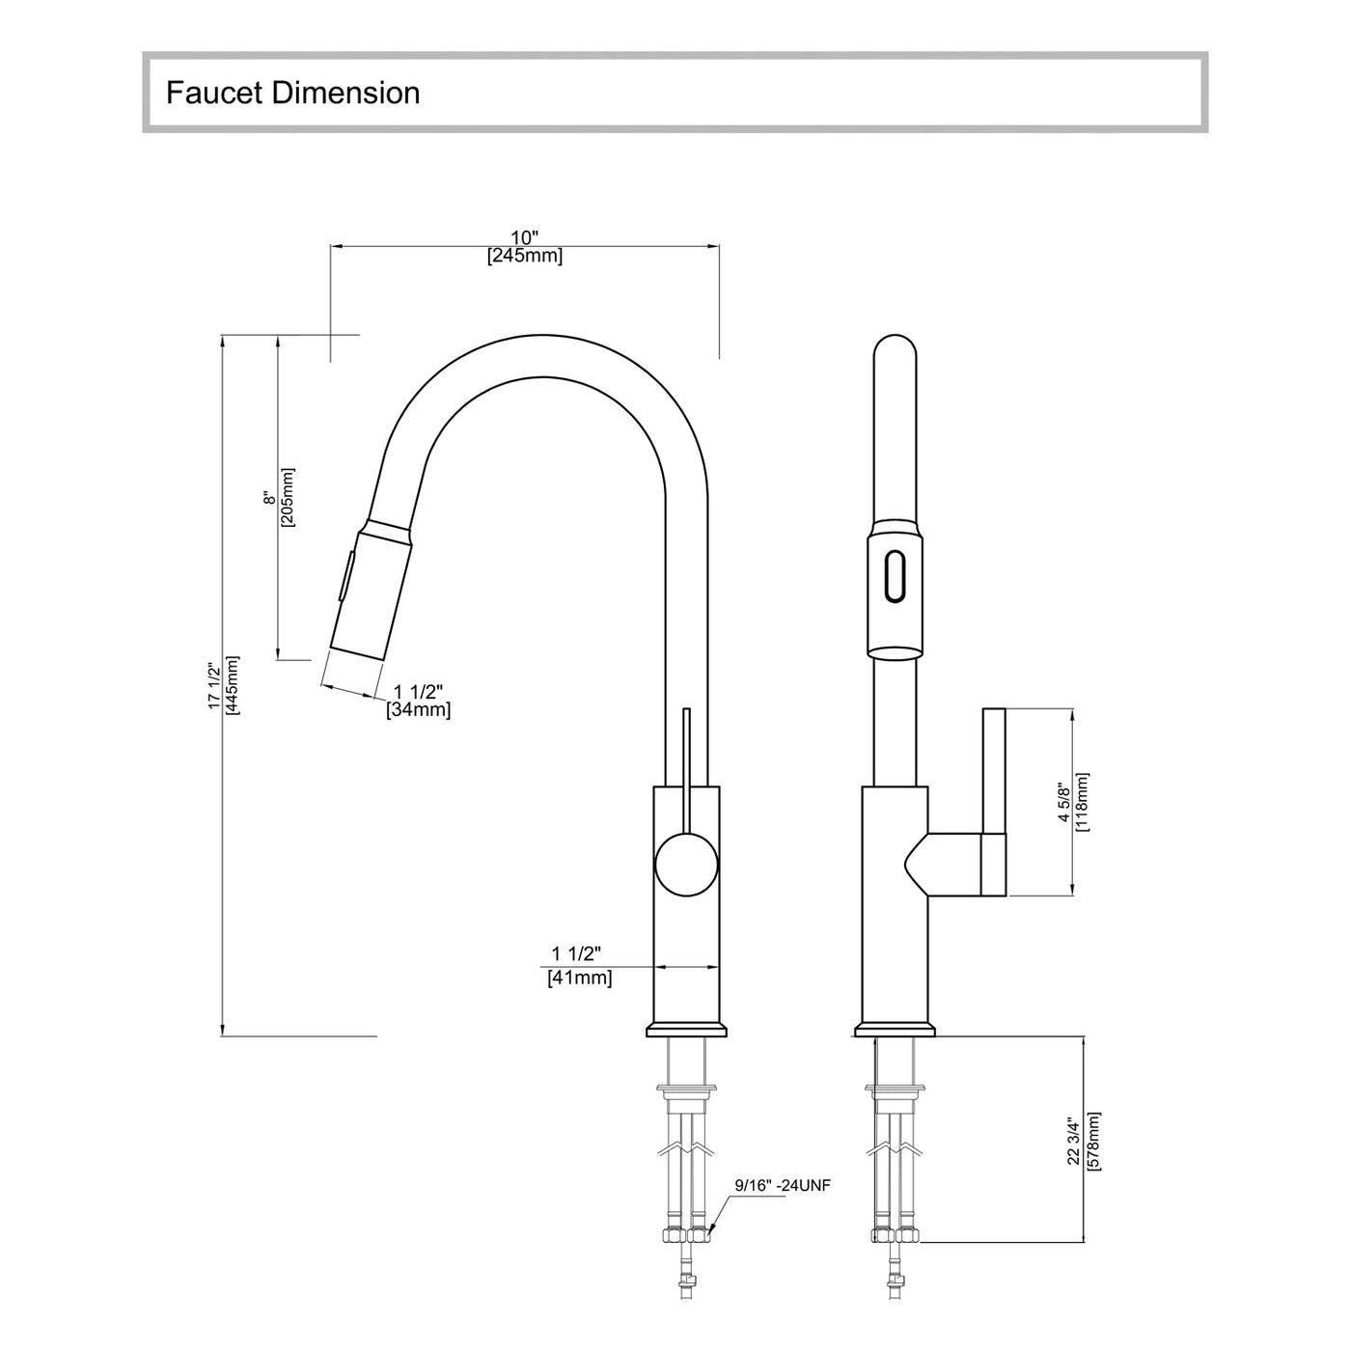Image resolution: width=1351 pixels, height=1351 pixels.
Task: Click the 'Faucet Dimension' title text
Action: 292,93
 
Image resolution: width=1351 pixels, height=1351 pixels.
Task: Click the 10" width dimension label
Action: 524,237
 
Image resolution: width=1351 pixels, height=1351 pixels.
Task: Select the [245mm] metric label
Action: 524,256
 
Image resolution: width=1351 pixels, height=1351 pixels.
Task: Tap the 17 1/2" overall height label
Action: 214,686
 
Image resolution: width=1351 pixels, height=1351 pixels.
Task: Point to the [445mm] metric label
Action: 233,686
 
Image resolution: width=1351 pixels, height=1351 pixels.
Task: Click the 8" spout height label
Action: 269,498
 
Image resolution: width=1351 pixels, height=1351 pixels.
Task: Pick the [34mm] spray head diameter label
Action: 418,710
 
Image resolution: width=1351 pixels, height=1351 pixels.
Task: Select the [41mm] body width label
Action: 579,978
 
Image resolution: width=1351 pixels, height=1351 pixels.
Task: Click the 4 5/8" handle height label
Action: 1063,802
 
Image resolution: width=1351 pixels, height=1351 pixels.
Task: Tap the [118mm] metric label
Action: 1082,802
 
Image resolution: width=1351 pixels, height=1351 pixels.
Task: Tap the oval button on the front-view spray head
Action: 896,577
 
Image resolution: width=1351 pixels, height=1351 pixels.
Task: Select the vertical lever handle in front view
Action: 994,801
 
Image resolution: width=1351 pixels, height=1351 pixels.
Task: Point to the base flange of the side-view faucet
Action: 686,1030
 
